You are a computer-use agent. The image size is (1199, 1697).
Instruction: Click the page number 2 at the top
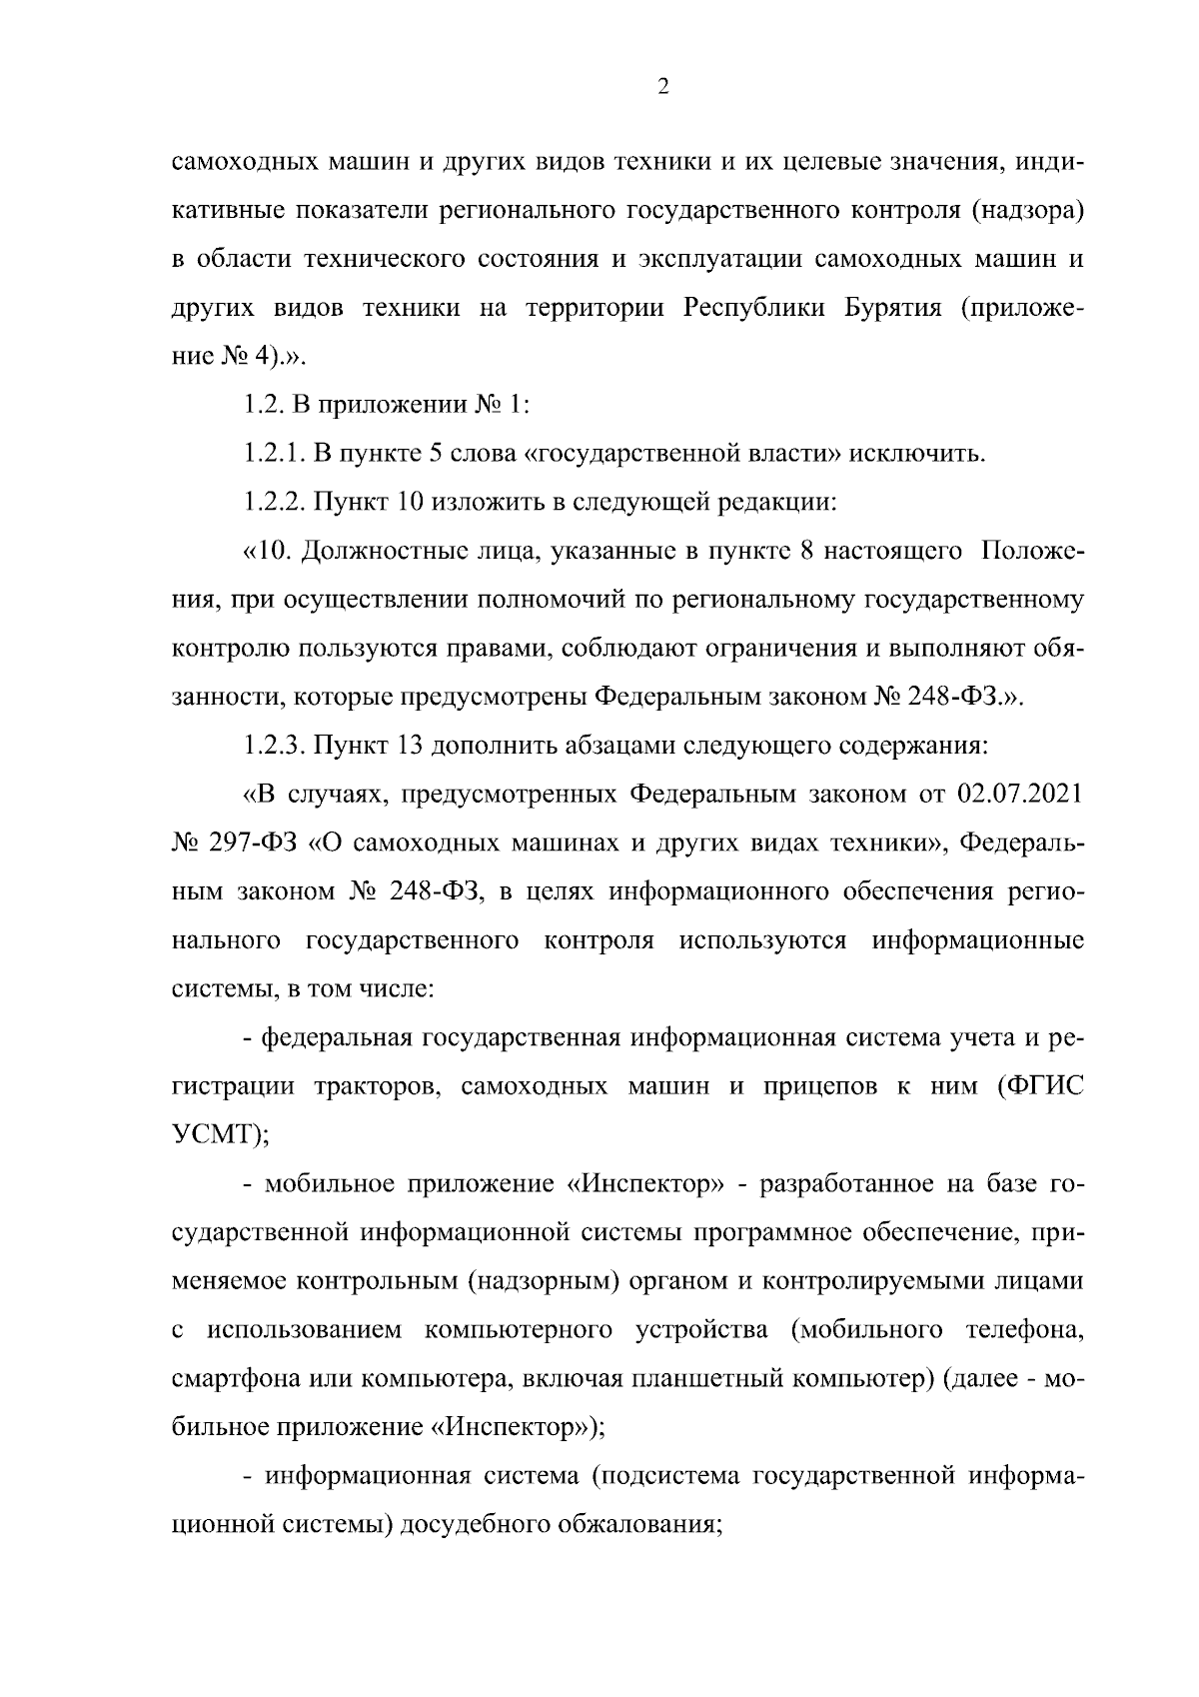(662, 87)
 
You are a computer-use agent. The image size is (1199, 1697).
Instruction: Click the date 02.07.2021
(1020, 795)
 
